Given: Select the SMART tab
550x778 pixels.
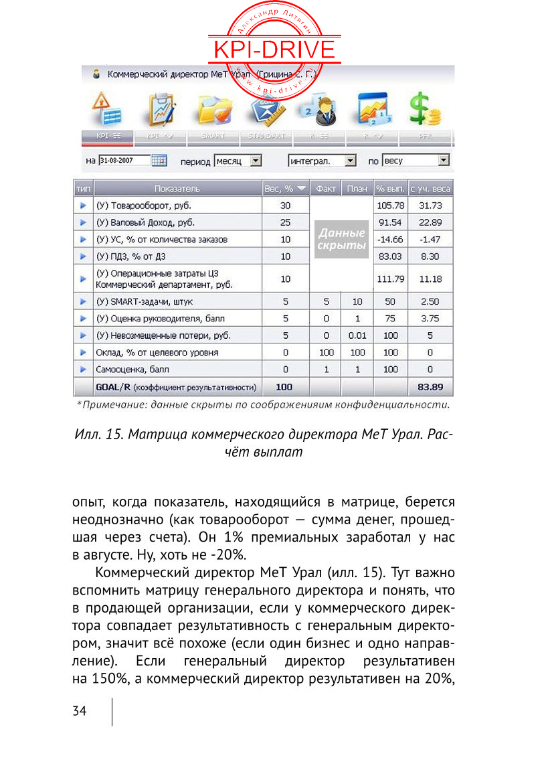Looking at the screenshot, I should click(x=213, y=136).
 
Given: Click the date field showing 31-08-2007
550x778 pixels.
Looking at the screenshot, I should click(x=124, y=161).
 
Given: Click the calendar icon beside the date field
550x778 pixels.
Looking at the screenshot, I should click(x=159, y=161).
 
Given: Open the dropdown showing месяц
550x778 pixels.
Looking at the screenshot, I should click(x=238, y=161).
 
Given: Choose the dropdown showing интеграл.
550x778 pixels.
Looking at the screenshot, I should click(x=322, y=161).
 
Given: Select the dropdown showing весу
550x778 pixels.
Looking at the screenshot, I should click(x=416, y=161).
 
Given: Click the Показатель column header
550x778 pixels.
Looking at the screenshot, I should click(x=177, y=189).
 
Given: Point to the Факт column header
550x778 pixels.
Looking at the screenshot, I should click(x=325, y=189).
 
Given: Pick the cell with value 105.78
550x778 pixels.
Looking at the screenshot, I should click(x=391, y=205).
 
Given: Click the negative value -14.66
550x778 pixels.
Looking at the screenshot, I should click(x=391, y=239).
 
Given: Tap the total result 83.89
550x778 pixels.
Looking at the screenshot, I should click(x=431, y=387).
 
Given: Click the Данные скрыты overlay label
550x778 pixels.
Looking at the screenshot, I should click(x=341, y=239).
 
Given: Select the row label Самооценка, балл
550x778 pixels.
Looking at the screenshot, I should click(x=132, y=369).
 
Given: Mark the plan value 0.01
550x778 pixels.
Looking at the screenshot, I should click(x=357, y=335).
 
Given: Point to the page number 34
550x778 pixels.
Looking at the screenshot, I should click(x=80, y=711).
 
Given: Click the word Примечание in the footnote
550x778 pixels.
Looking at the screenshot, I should click(x=107, y=404).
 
